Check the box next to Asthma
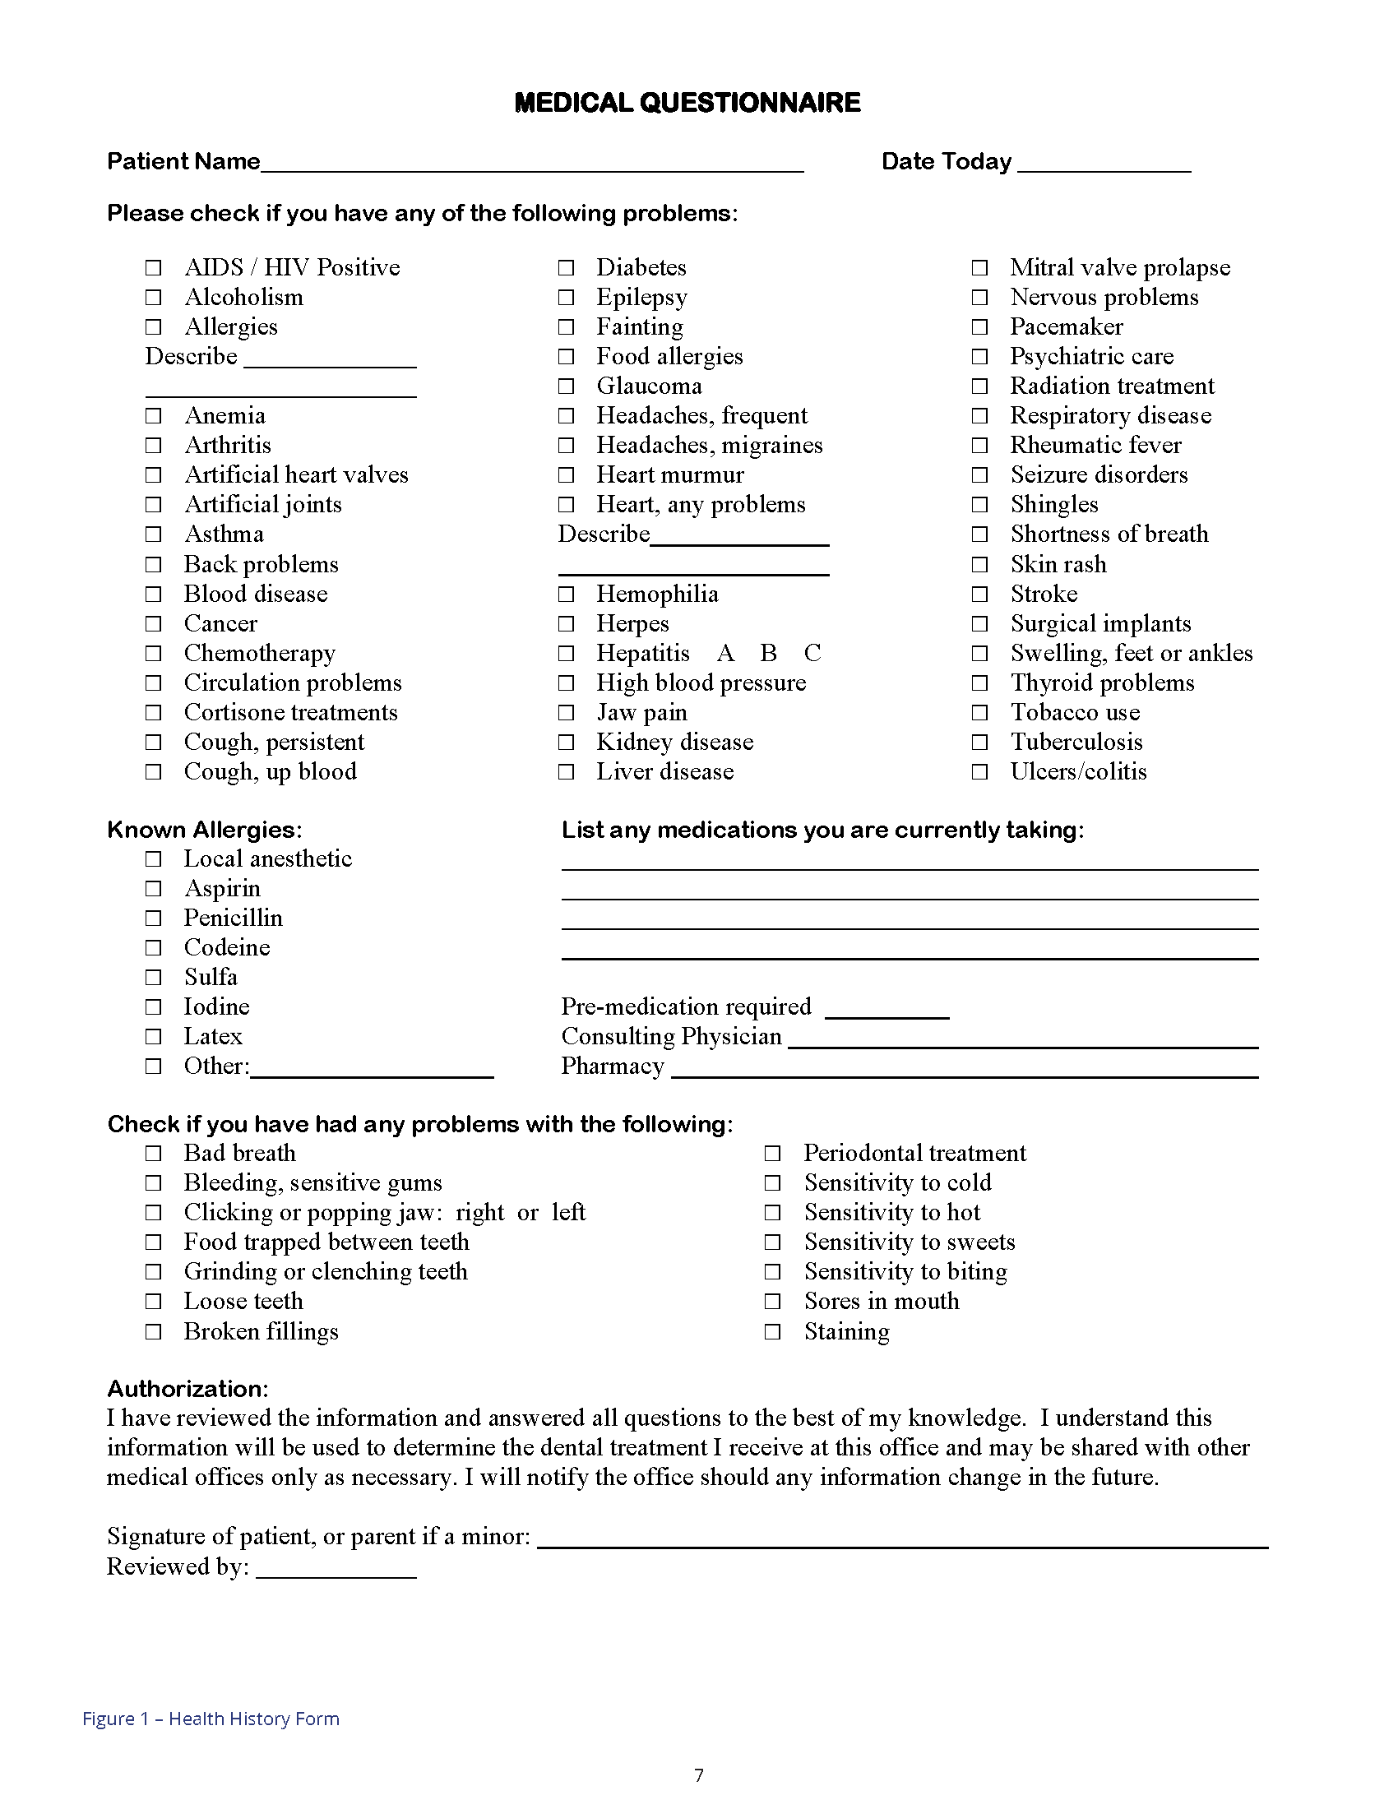point(153,534)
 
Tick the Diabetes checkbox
point(566,267)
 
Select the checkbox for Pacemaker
point(979,327)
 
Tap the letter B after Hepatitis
point(769,654)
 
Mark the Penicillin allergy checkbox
point(153,918)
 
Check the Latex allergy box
point(153,1037)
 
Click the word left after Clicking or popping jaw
point(568,1213)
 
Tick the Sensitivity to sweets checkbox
point(773,1242)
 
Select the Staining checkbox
point(773,1332)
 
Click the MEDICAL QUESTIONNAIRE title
point(687,103)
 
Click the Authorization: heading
point(188,1389)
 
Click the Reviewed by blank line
point(336,1569)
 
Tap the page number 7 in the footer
point(699,1775)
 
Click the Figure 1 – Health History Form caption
point(211,1719)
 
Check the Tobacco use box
point(979,713)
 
